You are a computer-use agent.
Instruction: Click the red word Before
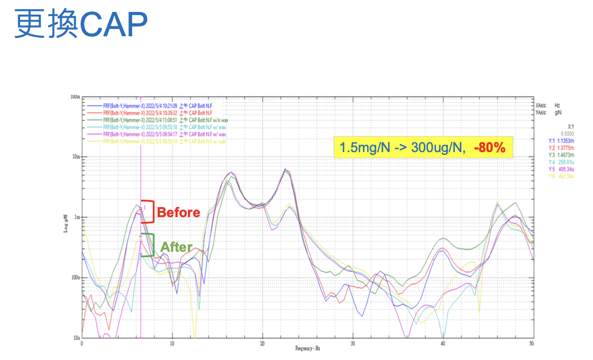pos(178,213)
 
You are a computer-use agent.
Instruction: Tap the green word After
pos(177,247)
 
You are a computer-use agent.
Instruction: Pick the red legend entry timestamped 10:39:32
pos(154,113)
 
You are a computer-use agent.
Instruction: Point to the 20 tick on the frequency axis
pos(263,344)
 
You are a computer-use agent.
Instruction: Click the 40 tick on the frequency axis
pos(443,344)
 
